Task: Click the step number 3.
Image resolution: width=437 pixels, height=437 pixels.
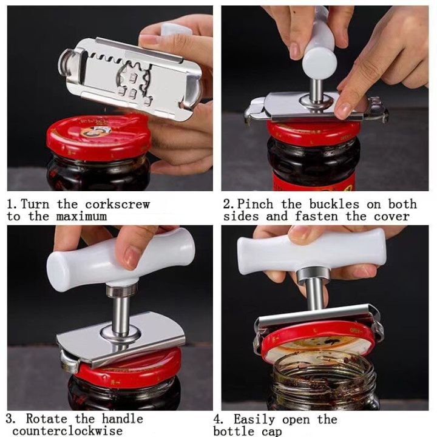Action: click(x=11, y=419)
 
